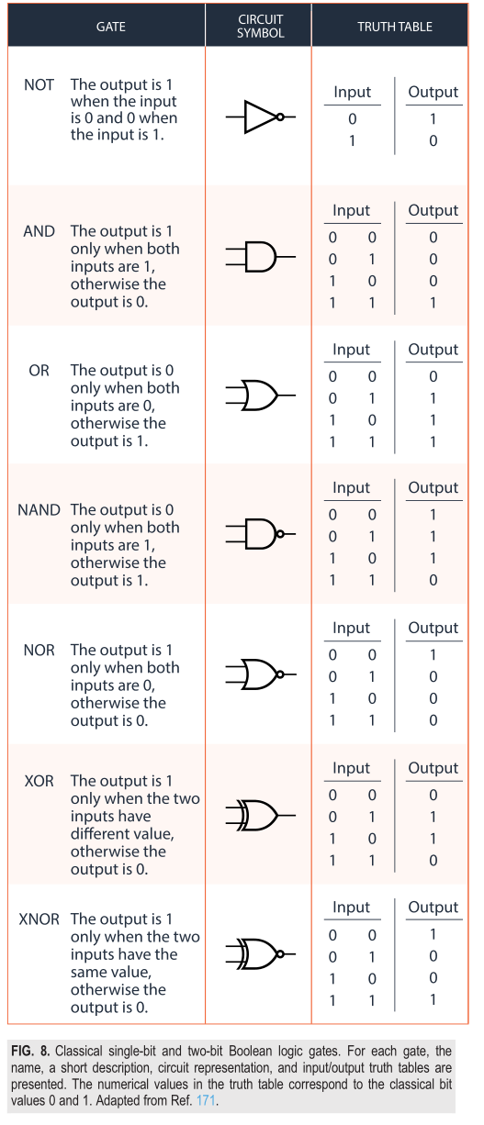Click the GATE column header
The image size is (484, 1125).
coord(110,27)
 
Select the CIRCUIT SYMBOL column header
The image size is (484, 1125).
coord(260,26)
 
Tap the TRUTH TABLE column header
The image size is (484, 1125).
coord(395,27)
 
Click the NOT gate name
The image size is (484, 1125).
coord(39,84)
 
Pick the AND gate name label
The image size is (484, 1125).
coord(39,231)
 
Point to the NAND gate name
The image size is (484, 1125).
coord(39,510)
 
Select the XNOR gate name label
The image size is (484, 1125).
coord(39,919)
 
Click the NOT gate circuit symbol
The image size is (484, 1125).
coord(260,117)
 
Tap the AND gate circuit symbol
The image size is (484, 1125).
coord(260,257)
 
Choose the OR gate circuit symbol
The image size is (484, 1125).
coord(260,395)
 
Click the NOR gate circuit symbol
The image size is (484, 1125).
coord(260,674)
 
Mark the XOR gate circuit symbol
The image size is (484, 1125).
coord(260,815)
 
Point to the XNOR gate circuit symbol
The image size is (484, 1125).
coord(260,953)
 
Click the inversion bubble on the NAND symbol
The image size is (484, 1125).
coord(280,534)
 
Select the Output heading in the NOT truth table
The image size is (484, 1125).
coord(433,92)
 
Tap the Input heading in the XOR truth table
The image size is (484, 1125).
coord(352,768)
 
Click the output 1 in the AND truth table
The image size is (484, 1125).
coord(433,303)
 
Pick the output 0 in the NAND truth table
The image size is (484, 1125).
coord(433,581)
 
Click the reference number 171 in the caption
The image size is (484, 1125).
coord(206,1100)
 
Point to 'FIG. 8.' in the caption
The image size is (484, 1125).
coord(30,1052)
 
